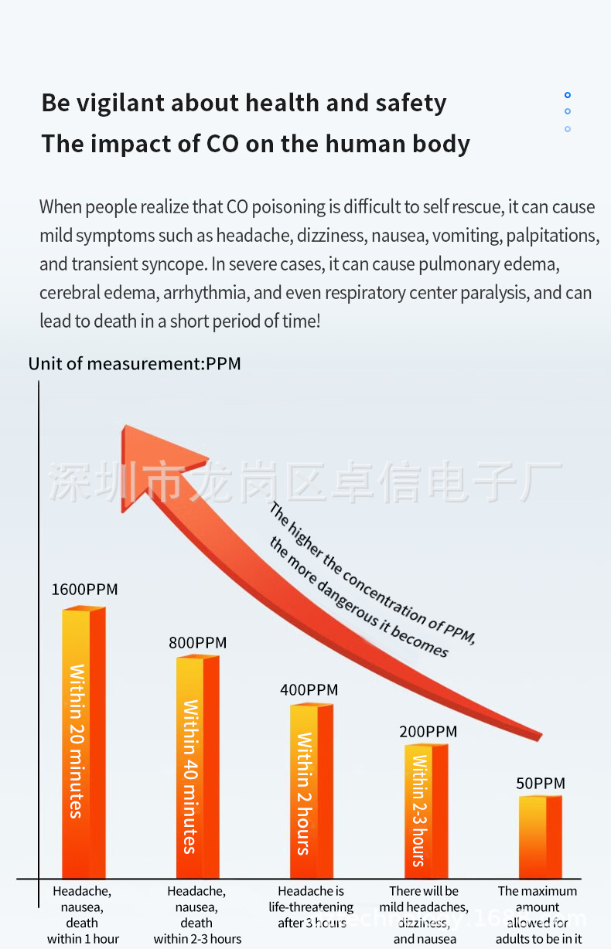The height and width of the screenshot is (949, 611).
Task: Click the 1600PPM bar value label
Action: pyautogui.click(x=84, y=590)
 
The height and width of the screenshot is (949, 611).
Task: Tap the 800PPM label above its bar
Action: pyautogui.click(x=198, y=643)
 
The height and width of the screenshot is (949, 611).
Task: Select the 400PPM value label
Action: pyautogui.click(x=309, y=690)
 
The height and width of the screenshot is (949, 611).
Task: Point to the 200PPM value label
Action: pyautogui.click(x=428, y=731)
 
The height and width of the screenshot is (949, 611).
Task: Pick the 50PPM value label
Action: pyautogui.click(x=541, y=784)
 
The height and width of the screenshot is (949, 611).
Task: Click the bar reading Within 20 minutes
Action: pyautogui.click(x=83, y=742)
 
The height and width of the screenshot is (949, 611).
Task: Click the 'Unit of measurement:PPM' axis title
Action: pyautogui.click(x=135, y=363)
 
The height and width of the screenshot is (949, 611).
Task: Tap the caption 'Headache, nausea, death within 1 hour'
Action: pyautogui.click(x=83, y=915)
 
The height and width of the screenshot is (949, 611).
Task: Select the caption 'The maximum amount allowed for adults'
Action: pyautogui.click(x=538, y=915)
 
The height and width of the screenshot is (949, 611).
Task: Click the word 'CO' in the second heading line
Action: pyautogui.click(x=224, y=144)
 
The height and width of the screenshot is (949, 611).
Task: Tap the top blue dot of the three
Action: pyautogui.click(x=568, y=95)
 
